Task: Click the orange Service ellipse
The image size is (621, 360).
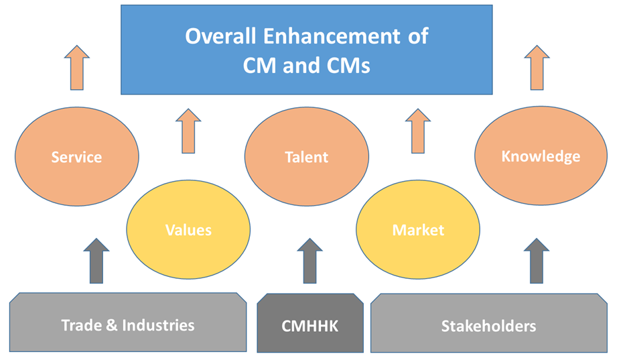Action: pos(77,156)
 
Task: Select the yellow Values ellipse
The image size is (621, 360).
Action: pos(188,229)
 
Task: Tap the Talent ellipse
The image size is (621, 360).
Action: pos(307,156)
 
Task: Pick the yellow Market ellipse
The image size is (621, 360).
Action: pos(418,229)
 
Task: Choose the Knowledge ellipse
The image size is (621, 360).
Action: pos(541,156)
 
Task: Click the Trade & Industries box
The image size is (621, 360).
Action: pos(128,322)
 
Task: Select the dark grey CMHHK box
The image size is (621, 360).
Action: pos(310,323)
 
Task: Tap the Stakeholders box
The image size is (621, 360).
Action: pos(489,323)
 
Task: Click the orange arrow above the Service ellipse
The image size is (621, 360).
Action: pos(77,68)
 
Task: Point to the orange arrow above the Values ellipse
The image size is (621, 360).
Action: pos(188,131)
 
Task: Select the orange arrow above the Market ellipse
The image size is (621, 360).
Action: pos(418,131)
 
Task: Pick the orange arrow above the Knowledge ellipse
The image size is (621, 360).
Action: pos(537,68)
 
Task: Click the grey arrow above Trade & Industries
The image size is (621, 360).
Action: pos(96,261)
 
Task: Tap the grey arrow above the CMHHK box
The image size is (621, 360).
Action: pos(309,261)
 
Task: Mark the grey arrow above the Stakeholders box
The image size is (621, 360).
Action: pos(536,261)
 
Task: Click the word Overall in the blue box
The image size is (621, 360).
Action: pos(220,36)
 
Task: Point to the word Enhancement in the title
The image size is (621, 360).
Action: pos(332,36)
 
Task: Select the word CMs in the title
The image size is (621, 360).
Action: pos(348,66)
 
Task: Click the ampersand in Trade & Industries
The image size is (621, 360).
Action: pos(112,325)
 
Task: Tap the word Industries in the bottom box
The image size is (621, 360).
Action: pos(158,325)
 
